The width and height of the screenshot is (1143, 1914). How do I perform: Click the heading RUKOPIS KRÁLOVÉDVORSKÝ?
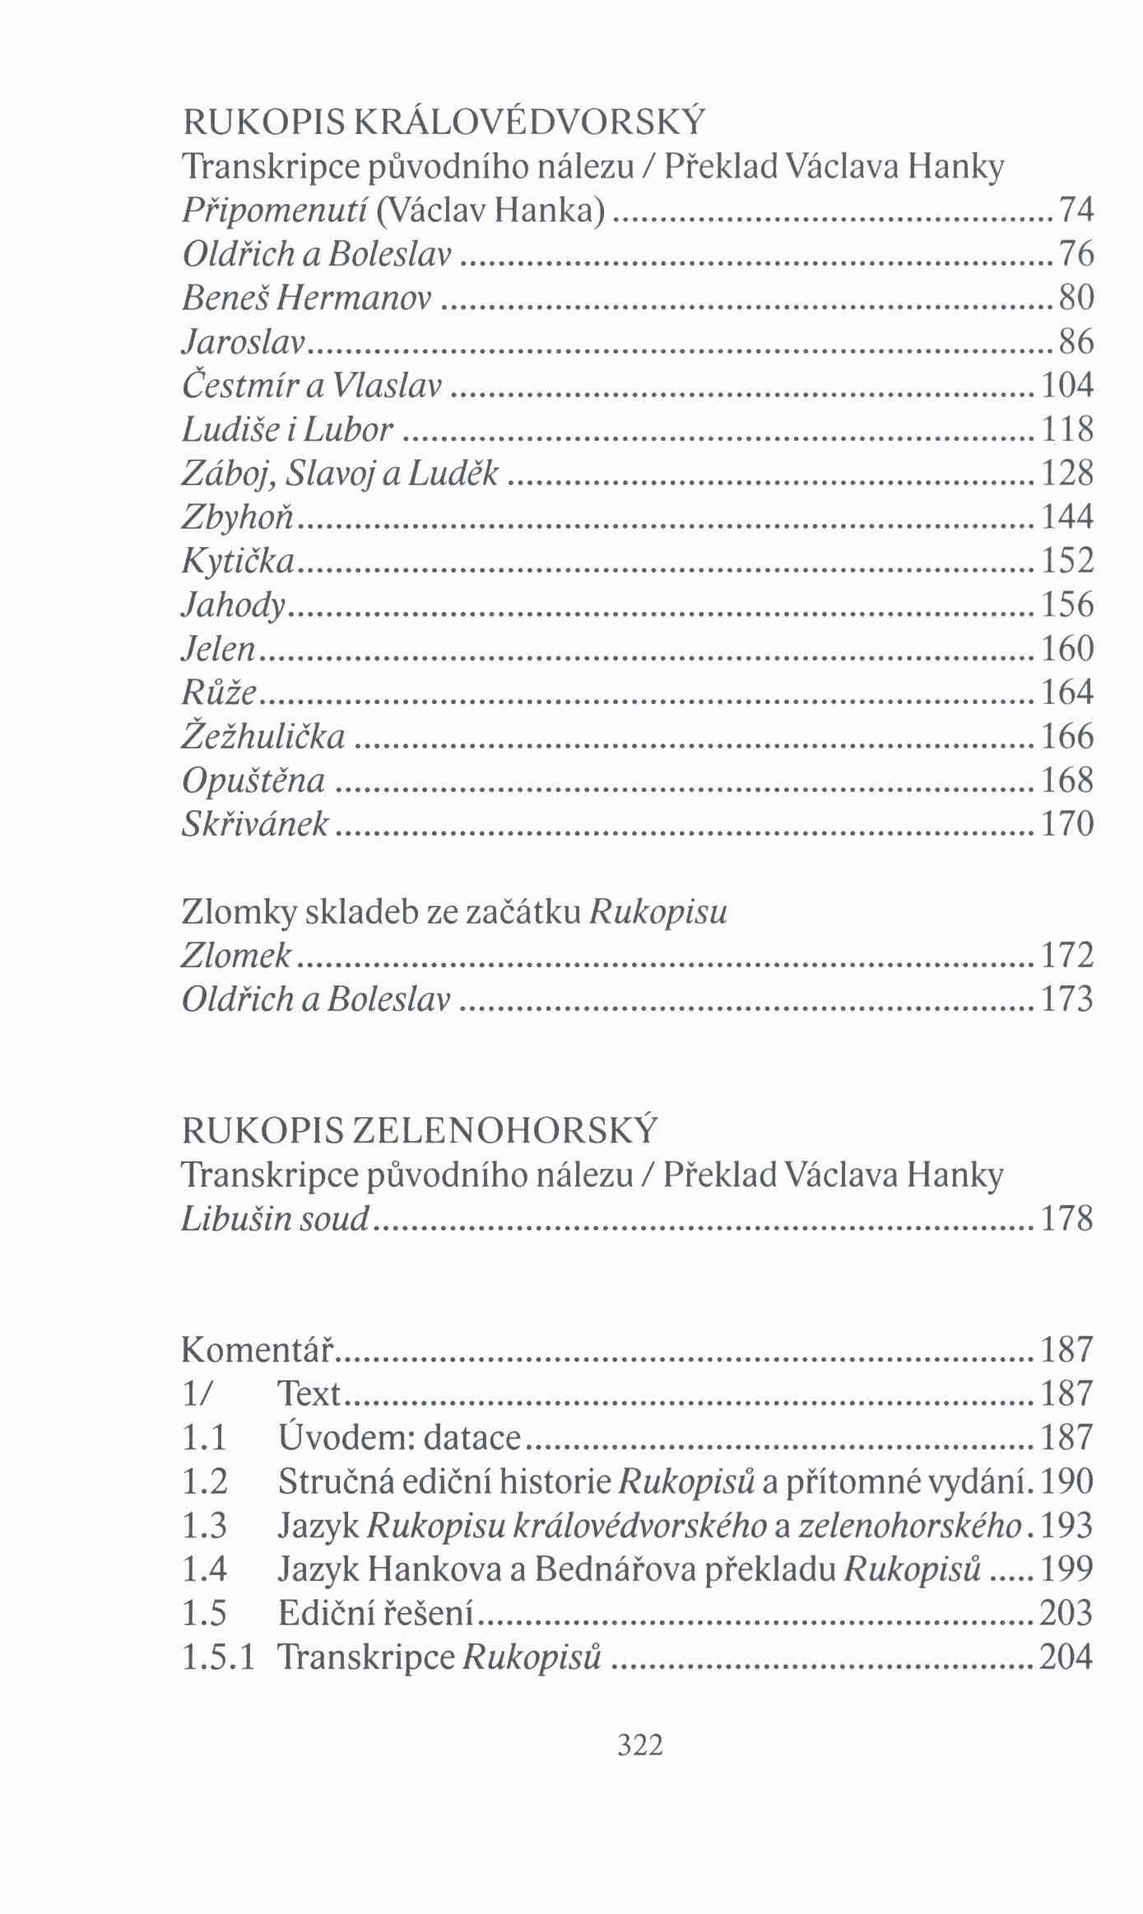tap(444, 123)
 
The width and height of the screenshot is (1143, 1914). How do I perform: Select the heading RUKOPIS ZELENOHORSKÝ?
tap(420, 1131)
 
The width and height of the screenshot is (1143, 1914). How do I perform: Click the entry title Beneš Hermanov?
tap(307, 298)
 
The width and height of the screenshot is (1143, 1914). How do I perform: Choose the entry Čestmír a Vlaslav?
tap(312, 385)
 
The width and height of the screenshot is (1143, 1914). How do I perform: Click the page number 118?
tap(1067, 429)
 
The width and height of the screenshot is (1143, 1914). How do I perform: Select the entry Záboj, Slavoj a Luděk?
tap(340, 473)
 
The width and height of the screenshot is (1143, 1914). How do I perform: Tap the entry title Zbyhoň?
tap(239, 517)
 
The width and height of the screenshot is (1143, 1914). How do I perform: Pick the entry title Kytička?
tap(238, 561)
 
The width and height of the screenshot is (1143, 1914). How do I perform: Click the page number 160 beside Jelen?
tap(1067, 649)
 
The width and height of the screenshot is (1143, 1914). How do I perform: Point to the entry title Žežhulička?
tap(263, 736)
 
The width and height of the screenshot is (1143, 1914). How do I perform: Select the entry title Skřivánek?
tap(255, 824)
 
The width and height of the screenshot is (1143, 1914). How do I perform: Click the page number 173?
tap(1067, 999)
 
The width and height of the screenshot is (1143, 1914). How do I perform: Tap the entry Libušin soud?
tap(275, 1219)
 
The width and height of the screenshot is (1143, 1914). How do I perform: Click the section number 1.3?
tap(204, 1527)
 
